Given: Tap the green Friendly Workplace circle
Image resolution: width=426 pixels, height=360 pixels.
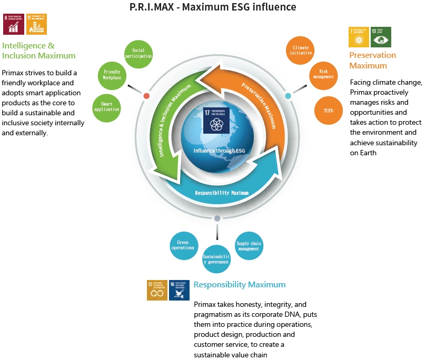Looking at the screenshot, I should click(x=112, y=75).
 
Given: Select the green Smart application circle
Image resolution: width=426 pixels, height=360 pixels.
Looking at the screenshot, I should click(x=106, y=106).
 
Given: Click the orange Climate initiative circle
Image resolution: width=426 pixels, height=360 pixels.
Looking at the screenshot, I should click(x=301, y=51).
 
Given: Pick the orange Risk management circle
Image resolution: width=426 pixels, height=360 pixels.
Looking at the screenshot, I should click(x=323, y=73).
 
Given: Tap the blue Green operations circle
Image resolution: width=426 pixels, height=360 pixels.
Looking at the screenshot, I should click(x=183, y=244).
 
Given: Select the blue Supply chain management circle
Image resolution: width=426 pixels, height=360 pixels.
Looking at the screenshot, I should click(x=248, y=245).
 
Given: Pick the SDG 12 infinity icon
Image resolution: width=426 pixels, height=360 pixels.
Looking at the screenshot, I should click(x=157, y=290).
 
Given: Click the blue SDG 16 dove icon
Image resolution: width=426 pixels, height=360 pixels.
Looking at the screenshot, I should click(x=179, y=290).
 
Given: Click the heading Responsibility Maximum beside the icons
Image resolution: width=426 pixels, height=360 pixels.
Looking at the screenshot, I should click(x=240, y=285).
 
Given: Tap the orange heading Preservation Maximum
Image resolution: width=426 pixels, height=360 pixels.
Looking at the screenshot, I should click(x=373, y=60).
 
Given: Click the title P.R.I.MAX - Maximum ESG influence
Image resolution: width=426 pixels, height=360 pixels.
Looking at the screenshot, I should click(x=213, y=7).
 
